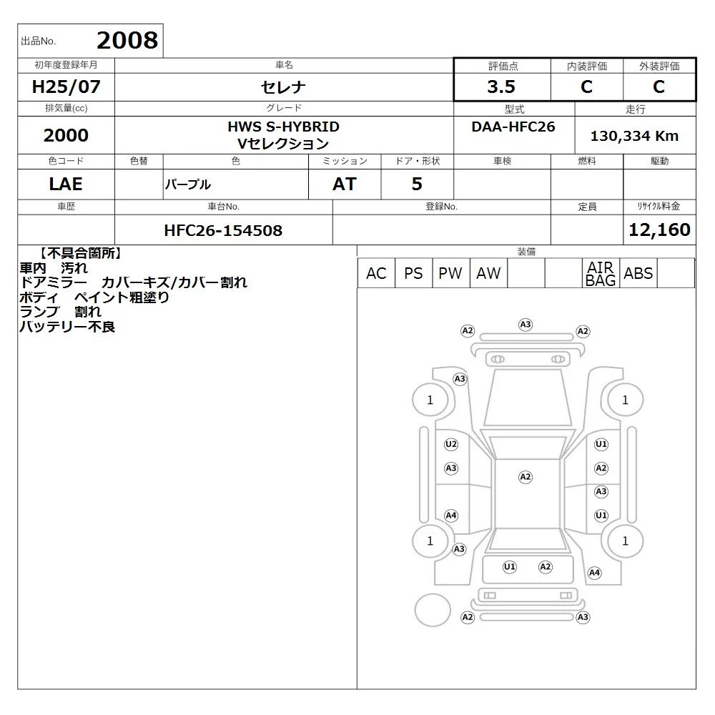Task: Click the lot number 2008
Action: [x=127, y=40]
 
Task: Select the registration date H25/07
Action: [x=66, y=87]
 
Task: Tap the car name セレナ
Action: [x=283, y=87]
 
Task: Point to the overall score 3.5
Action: [x=501, y=87]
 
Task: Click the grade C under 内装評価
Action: [x=586, y=87]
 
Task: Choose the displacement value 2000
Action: [x=66, y=135]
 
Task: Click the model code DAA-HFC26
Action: [x=513, y=127]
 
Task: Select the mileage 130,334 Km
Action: [x=634, y=136]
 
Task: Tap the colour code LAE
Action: [x=66, y=184]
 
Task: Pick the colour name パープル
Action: [x=188, y=184]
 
